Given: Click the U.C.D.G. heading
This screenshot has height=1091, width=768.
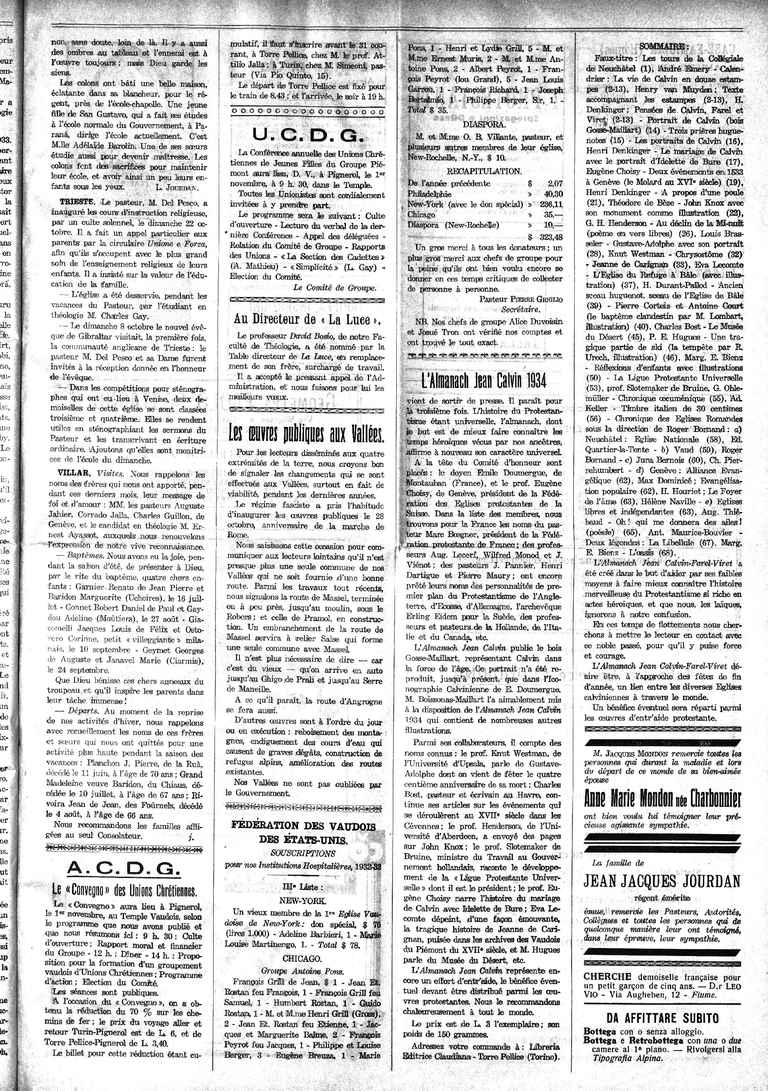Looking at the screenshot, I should point(307,136).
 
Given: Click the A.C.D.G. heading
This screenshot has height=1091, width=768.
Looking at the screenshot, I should point(124,869).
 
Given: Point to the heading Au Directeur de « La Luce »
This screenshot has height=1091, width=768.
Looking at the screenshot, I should point(307,319).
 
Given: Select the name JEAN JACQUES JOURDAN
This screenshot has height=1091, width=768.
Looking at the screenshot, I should point(662,882).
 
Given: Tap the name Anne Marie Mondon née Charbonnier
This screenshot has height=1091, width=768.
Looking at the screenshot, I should point(662,800).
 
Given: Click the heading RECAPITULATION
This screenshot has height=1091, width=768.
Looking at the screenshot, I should point(484,171).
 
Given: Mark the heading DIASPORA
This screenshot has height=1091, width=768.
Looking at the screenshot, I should point(484,125).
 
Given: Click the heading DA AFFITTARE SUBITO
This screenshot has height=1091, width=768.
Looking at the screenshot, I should point(662,1017).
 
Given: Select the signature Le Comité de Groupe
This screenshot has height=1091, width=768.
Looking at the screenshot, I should point(334,288).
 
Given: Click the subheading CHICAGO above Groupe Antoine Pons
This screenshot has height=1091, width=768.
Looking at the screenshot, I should point(306,957).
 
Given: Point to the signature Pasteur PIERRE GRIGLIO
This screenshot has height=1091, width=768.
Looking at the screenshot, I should point(521,299).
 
